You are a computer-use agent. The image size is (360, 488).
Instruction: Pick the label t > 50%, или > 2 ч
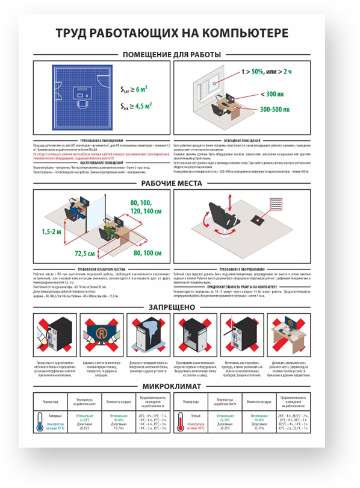coord(270,72)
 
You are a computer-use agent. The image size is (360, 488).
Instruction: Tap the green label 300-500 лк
coord(275,110)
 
